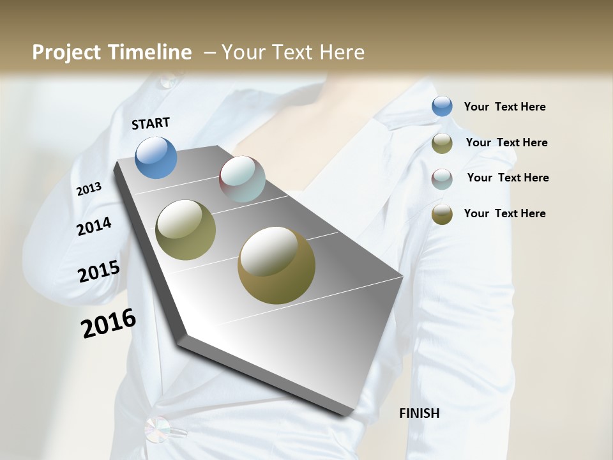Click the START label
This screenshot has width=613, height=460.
[151, 123]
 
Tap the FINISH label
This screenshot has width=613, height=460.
[419, 413]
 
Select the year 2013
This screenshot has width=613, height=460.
[89, 189]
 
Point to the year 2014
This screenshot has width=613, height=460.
[94, 226]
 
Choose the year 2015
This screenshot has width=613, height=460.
[99, 272]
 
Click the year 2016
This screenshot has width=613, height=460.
[109, 323]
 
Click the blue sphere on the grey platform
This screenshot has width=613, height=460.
[156, 157]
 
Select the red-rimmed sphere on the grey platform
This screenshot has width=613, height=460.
[242, 179]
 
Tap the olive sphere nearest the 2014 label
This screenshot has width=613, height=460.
[186, 230]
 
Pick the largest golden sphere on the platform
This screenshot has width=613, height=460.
[276, 265]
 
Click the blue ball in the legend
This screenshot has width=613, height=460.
[442, 107]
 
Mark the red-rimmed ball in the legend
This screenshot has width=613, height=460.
[442, 178]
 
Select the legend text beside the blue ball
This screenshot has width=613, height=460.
[504, 107]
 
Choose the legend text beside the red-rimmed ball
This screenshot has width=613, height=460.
[508, 178]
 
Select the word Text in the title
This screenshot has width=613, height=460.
[291, 52]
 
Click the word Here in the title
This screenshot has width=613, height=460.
[342, 52]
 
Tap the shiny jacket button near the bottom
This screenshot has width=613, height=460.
[158, 429]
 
